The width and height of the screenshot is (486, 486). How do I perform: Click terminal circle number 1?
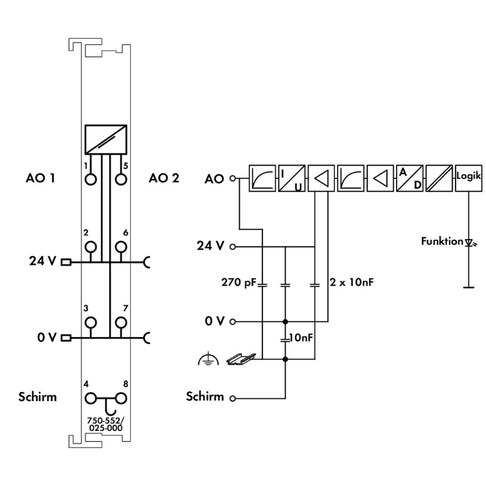(91, 178)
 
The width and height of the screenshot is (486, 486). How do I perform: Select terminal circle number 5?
(119, 178)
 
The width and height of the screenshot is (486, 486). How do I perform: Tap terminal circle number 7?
(119, 322)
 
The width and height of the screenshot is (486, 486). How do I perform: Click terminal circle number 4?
(91, 398)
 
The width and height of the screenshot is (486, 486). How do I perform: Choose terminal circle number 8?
(119, 398)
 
